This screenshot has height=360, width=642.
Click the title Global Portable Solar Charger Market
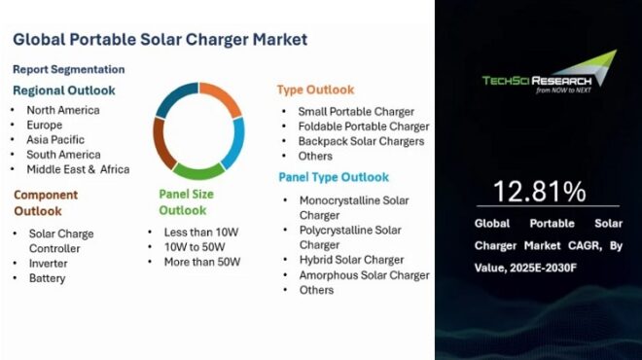click(160, 40)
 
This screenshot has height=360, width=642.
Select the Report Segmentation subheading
click(69, 69)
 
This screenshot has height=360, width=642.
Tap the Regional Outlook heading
click(64, 90)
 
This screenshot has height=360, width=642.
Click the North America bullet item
click(63, 111)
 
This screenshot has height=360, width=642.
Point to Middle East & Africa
click(78, 169)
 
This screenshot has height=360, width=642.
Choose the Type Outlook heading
click(315, 90)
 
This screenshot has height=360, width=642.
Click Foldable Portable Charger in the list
click(363, 126)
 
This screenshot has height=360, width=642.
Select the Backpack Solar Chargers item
click(361, 141)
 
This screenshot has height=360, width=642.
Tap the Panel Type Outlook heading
click(334, 177)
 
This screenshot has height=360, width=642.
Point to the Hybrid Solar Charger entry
click(351, 260)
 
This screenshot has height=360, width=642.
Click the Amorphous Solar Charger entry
click(364, 275)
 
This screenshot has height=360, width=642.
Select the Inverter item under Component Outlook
click(48, 264)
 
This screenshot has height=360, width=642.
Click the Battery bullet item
click(47, 278)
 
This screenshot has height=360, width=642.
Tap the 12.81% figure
click(538, 190)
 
